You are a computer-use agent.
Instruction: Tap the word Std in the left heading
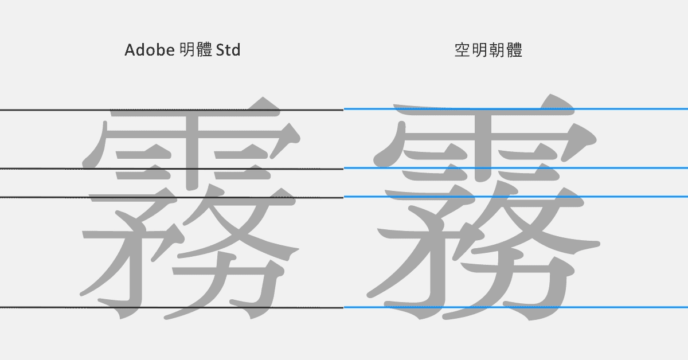(228, 50)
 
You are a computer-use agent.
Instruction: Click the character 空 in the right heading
(462, 51)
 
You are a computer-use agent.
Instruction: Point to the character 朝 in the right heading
(497, 51)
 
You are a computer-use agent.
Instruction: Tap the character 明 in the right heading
(479, 51)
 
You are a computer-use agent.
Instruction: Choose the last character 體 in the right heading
(514, 51)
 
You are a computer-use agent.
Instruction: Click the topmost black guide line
(46, 109)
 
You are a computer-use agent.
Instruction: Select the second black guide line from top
(46, 169)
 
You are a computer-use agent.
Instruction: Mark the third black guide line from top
(46, 197)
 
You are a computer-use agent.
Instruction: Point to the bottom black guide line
(46, 308)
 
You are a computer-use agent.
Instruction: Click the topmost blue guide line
(631, 108)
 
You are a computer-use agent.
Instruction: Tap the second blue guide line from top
(631, 168)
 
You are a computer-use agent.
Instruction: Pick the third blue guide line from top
(631, 197)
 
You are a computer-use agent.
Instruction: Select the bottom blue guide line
(631, 307)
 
